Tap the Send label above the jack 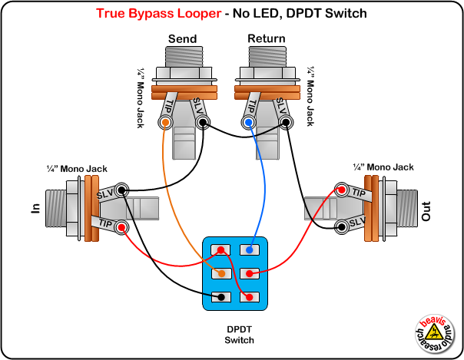click(x=182, y=38)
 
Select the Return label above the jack click(x=266, y=38)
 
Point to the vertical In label click(x=34, y=210)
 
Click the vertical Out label click(x=426, y=211)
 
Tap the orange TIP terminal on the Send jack click(x=164, y=123)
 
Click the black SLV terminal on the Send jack click(x=201, y=123)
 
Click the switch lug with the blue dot click(x=247, y=249)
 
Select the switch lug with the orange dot click(x=221, y=273)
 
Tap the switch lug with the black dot click(x=221, y=297)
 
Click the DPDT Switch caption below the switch click(x=239, y=334)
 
